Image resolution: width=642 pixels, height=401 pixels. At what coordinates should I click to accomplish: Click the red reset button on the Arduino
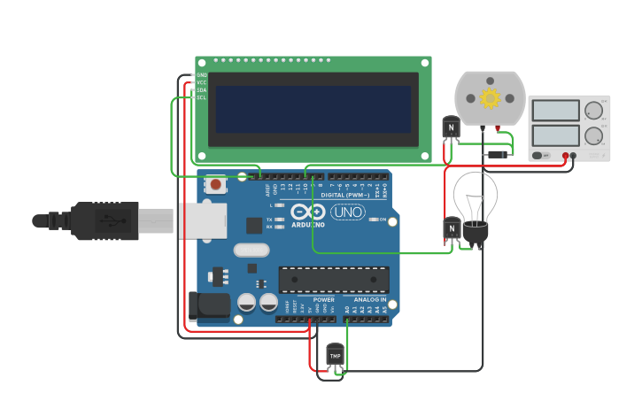point(215,185)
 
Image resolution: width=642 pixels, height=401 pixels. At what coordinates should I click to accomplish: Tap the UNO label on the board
point(348,212)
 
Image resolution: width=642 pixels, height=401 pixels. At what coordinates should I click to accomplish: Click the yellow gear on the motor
point(490,97)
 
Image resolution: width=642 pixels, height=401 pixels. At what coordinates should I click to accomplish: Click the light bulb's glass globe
point(475,199)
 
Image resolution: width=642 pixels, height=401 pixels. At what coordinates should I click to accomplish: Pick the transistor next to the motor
point(452,128)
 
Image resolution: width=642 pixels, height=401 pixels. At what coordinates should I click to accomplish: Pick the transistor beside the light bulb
point(452,229)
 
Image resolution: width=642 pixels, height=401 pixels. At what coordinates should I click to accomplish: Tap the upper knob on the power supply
point(593,111)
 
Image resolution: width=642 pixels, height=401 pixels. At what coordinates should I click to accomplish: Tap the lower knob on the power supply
point(593,136)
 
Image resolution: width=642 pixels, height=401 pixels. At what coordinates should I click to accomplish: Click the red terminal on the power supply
point(565,156)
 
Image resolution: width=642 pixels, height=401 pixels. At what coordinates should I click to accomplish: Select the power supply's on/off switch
point(539,156)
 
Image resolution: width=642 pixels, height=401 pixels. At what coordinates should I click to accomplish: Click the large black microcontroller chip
point(334,280)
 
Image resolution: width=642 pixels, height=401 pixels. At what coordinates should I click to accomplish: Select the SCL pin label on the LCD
point(201,97)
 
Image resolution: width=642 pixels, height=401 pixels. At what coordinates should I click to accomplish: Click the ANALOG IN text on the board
point(370,299)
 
